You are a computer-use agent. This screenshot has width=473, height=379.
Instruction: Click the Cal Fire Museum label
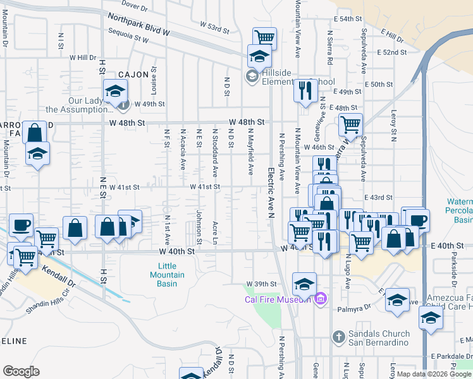point(278,299)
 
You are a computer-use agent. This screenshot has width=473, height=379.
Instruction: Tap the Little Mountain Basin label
point(168,270)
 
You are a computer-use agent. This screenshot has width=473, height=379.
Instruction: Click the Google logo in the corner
point(21,371)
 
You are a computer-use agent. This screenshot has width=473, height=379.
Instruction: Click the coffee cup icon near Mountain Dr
point(21,226)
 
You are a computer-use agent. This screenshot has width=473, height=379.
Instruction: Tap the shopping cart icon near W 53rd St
point(264,37)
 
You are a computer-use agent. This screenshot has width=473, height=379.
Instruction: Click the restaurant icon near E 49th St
point(305,90)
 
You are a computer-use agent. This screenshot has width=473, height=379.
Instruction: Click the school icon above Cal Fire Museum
point(304,284)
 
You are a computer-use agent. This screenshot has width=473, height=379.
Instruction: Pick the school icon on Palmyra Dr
point(398,299)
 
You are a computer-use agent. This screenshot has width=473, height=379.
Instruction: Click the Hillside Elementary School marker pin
point(251,77)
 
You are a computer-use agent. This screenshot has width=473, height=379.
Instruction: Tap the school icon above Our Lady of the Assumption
point(116,92)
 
